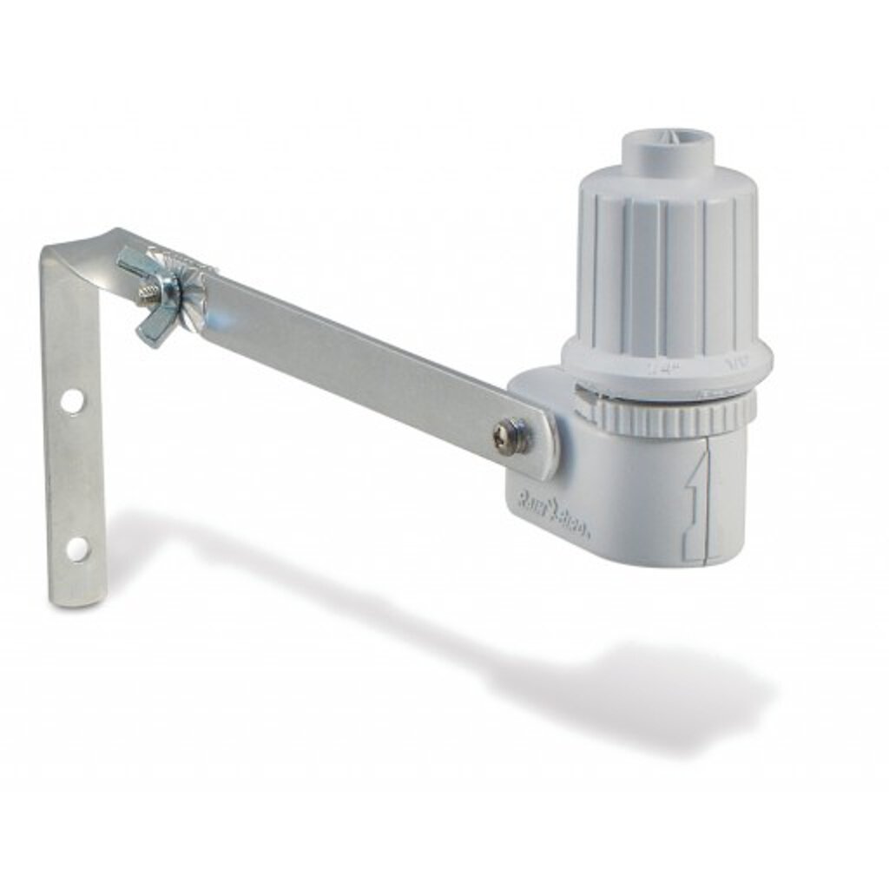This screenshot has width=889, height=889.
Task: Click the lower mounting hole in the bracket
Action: tap(76, 548)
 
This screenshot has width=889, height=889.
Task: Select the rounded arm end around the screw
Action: tap(534, 438)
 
